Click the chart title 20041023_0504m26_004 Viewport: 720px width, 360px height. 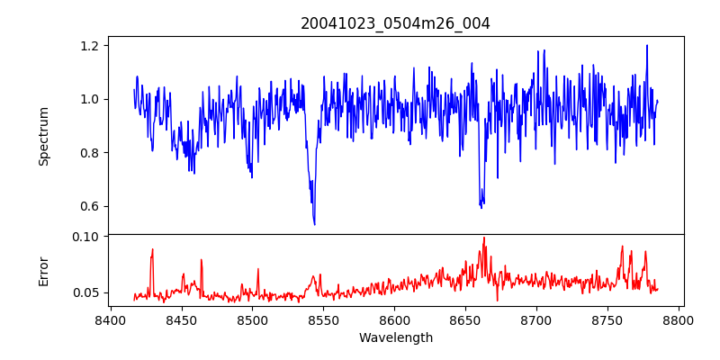point(395,23)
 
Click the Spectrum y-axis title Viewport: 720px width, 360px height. point(43,135)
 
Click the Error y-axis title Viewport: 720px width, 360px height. point(43,271)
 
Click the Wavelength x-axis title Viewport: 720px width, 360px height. point(395,338)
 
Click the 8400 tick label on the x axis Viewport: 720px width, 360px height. point(110,319)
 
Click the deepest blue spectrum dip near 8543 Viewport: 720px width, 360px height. point(314,223)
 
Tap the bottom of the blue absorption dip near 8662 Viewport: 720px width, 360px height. point(481,207)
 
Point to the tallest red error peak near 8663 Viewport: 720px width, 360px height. point(484,238)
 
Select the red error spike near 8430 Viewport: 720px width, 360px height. point(153,250)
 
